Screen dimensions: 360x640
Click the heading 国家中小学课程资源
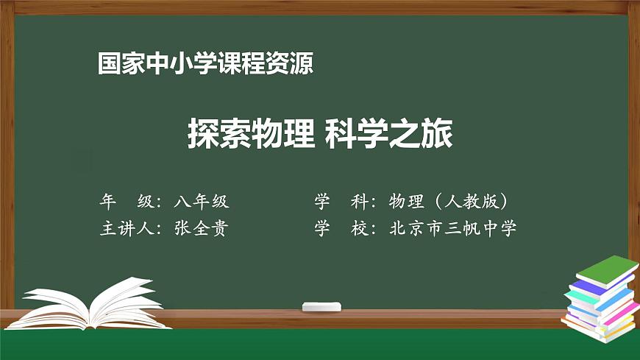[x=206, y=64]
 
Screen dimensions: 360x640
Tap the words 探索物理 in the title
[x=250, y=135]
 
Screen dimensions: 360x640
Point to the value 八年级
[x=202, y=202]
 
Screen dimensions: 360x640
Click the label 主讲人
[x=126, y=228]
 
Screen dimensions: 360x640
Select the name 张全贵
[x=201, y=228]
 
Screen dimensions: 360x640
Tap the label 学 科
[x=341, y=202]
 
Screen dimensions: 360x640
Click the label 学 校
[x=341, y=228]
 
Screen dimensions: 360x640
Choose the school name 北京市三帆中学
[x=452, y=228]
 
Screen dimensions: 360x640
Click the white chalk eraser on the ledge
[x=322, y=306]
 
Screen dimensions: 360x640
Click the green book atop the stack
[x=605, y=270]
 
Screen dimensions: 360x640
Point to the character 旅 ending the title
[x=438, y=135]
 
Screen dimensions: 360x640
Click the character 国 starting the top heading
[x=108, y=64]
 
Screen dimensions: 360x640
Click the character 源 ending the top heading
[x=303, y=64]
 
